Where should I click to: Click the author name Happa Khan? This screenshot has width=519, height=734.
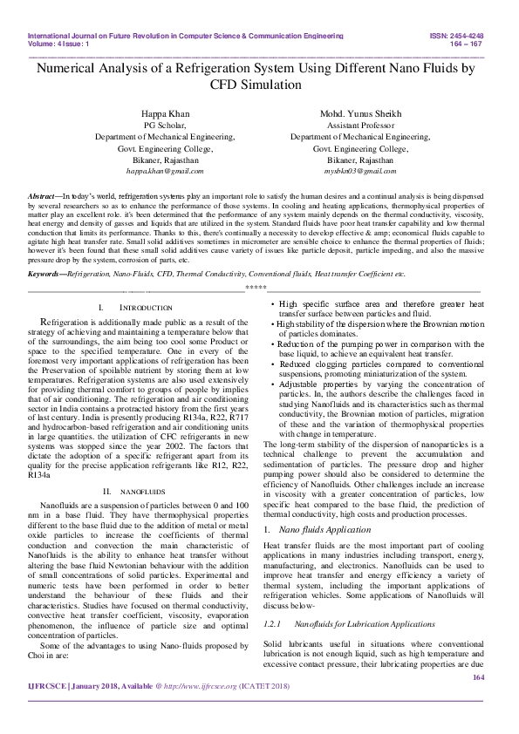pos(165,114)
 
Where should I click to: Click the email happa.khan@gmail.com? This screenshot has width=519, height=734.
pos(165,173)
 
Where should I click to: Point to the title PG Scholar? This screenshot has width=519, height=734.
pos(165,126)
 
